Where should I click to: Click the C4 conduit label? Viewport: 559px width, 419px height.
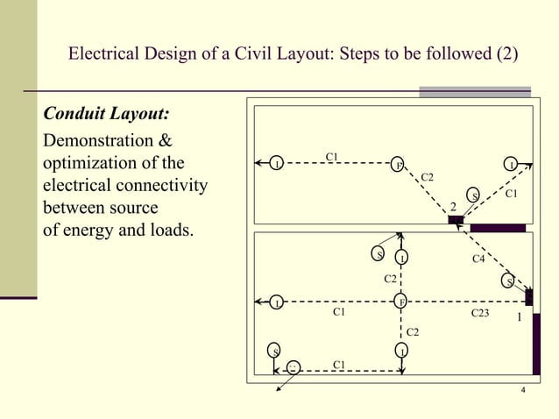pos(479,259)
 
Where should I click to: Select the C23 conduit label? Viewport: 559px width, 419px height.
pos(481,311)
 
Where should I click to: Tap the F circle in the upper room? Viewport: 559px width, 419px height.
pos(397,165)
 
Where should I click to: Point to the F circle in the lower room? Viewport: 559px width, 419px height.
pos(400,302)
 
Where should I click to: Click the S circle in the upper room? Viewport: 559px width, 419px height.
pos(474,195)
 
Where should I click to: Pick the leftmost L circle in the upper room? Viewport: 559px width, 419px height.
pos(277,164)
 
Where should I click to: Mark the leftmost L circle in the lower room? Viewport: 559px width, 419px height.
pos(277,302)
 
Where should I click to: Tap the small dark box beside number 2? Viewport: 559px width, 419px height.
pos(456,220)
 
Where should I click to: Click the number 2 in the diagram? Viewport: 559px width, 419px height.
pos(453,206)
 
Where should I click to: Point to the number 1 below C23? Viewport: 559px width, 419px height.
pos(519,317)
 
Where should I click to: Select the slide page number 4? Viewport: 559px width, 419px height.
pos(522,390)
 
